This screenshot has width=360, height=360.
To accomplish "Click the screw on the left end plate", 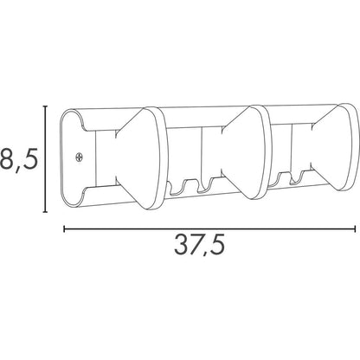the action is pyautogui.click(x=79, y=157).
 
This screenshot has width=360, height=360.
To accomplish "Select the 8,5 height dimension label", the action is pyautogui.click(x=19, y=158).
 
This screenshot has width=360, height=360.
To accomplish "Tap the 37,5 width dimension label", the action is pyautogui.click(x=199, y=246).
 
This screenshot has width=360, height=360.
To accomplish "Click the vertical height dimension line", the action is pyautogui.click(x=45, y=159).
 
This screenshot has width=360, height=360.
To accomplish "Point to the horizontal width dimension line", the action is pyautogui.click(x=209, y=229).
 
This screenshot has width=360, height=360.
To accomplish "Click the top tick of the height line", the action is pyautogui.click(x=45, y=106).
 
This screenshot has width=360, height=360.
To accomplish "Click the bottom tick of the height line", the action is pyautogui.click(x=45, y=212).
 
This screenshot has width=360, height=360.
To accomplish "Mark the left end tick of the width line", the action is pyautogui.click(x=64, y=229).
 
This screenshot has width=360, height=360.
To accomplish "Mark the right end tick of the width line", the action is pyautogui.click(x=355, y=229).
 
